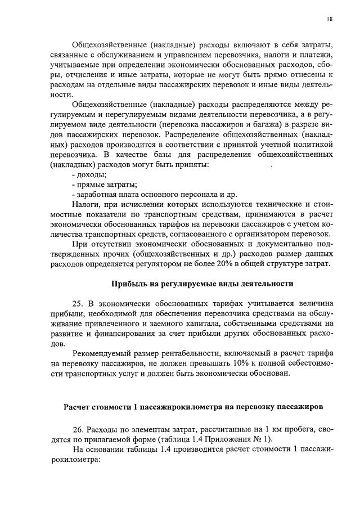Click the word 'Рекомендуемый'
(x=105, y=353)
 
